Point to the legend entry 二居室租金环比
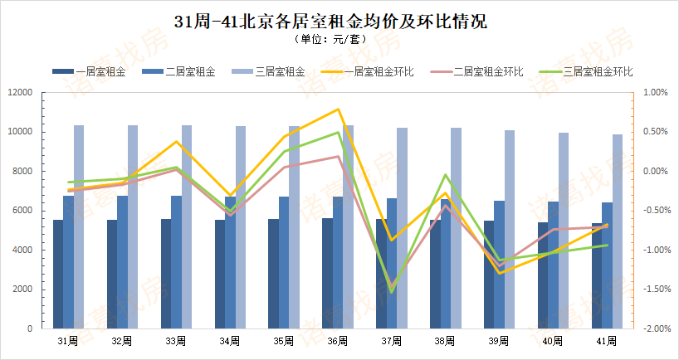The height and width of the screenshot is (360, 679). (x=486, y=72)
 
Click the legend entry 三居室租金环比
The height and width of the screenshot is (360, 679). (x=596, y=72)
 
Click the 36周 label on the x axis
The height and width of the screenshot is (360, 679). (x=337, y=341)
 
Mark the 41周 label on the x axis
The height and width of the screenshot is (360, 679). (x=607, y=341)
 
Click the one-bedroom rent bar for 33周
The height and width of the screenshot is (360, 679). (x=166, y=274)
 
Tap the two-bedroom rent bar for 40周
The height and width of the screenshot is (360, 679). (x=554, y=265)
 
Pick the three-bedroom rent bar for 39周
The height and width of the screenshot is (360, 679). (x=510, y=229)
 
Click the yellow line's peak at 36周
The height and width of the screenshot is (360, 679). (x=338, y=109)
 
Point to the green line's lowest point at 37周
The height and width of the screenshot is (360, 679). (x=392, y=292)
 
